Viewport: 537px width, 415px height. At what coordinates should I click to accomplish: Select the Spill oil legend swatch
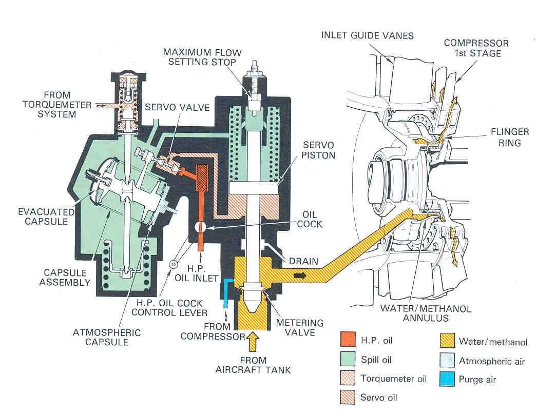(x=348, y=360)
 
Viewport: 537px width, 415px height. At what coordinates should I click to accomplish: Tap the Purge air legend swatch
(x=447, y=380)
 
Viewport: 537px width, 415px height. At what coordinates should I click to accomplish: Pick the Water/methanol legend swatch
(x=447, y=341)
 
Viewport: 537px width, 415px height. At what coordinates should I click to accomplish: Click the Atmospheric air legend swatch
(x=447, y=361)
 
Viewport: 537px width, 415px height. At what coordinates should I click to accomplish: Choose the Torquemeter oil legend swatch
(x=348, y=379)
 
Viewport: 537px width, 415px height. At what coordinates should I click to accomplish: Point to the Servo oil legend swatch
(x=348, y=397)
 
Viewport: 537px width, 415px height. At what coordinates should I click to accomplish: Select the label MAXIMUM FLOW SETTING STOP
(x=199, y=57)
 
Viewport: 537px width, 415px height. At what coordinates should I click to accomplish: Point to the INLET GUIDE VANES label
(x=367, y=35)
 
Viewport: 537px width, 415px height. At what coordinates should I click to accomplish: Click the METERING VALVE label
(x=300, y=328)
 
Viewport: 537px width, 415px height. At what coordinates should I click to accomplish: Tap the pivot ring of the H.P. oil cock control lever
(x=173, y=264)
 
